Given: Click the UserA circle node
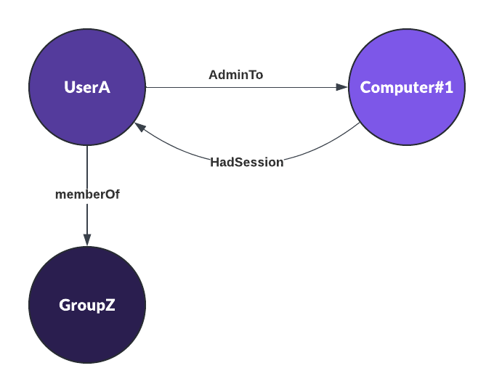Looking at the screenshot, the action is pos(87,87).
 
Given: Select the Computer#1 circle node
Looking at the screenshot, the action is pos(407,87).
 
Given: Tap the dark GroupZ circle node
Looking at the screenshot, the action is pos(87,305).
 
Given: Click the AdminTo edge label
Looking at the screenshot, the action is pos(235,75).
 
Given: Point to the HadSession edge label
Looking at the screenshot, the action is pos(247,163).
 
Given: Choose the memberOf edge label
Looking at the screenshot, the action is pos(87,195).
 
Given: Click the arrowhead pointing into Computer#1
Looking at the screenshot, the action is pos(342,87).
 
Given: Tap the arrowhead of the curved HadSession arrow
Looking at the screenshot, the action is pos(139,126).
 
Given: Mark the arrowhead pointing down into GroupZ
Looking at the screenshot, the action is pos(87,240).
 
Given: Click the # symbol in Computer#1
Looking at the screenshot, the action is pos(439,87).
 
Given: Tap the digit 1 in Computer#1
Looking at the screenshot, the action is pos(449,87).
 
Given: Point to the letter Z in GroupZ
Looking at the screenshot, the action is pos(110,305).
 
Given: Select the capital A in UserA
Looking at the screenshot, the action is pos(105,87).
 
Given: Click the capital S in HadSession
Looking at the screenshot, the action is pos(239,163).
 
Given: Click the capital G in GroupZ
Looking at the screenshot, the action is pos(64,305).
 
